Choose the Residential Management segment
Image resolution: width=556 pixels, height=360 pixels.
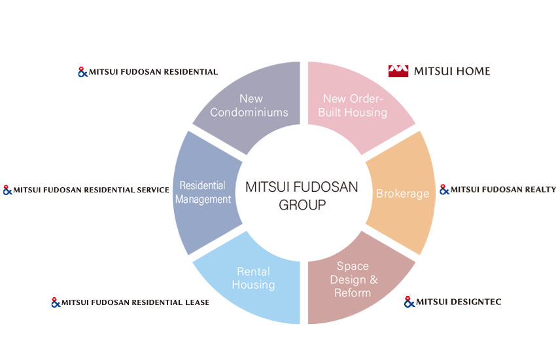203,192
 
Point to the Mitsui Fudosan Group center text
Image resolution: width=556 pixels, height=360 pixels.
302,195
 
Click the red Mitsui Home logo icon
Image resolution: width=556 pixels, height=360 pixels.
398,71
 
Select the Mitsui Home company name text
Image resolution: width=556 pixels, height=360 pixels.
452,71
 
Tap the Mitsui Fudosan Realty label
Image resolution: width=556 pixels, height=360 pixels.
503,190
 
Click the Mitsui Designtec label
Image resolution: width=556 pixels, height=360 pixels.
459,302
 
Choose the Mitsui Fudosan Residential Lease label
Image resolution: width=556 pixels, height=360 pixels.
135,302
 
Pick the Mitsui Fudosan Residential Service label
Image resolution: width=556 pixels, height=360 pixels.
91,190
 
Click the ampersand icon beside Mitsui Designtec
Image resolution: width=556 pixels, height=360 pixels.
409,302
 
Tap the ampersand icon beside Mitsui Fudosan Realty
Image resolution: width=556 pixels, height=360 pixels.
444,190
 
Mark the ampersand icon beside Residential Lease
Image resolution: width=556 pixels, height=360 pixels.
56,302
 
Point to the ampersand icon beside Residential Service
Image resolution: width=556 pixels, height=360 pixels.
8,190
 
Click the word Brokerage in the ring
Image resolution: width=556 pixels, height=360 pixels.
402,194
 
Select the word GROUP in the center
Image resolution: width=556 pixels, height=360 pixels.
302,205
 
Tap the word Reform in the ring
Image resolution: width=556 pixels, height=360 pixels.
353,293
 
